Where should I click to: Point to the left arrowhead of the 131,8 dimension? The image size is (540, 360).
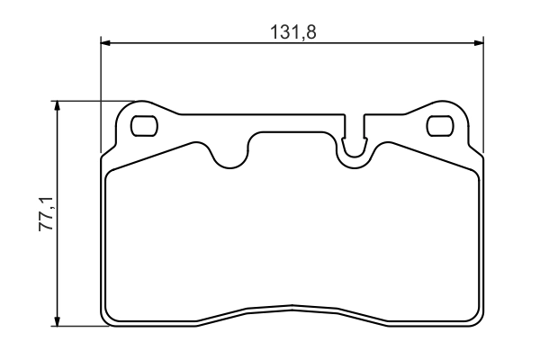click(x=105, y=42)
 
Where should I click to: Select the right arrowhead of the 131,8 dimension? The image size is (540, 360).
click(x=479, y=42)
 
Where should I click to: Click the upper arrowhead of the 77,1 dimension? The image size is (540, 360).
click(x=58, y=105)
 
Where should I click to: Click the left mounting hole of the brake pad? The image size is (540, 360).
click(x=143, y=126)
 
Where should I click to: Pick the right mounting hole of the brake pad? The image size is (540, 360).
click(x=439, y=126)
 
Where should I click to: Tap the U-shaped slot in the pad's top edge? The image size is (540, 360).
click(x=355, y=144)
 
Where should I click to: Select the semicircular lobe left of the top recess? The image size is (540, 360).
click(x=231, y=157)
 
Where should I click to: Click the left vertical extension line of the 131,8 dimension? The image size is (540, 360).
click(x=100, y=90)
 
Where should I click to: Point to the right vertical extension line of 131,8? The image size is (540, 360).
click(x=484, y=90)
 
